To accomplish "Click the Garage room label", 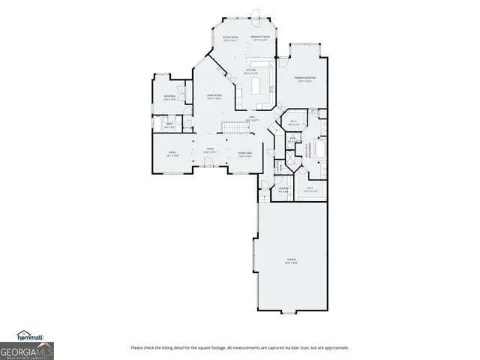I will click(291, 261).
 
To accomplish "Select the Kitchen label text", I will click(251, 72).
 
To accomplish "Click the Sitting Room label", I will click(229, 39).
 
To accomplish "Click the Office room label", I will click(172, 154).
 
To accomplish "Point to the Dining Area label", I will click(244, 154).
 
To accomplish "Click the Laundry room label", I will click(283, 189).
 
